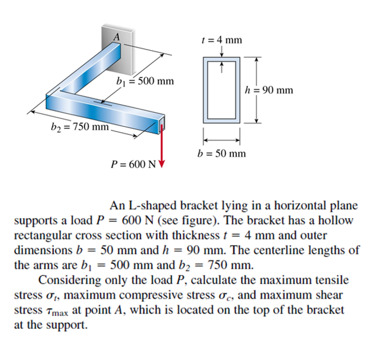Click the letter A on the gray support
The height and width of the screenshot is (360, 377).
coord(115,37)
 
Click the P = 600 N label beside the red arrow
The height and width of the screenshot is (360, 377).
coord(132,164)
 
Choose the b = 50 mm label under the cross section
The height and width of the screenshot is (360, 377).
coord(221,154)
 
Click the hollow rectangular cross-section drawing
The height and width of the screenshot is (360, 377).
coord(221,89)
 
